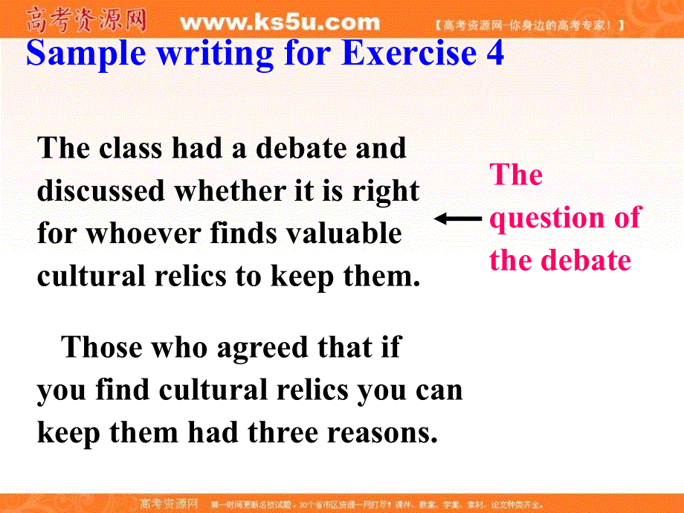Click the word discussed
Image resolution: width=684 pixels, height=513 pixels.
[101, 191]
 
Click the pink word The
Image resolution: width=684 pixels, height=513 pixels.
[516, 175]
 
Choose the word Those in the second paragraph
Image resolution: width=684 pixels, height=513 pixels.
[99, 347]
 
